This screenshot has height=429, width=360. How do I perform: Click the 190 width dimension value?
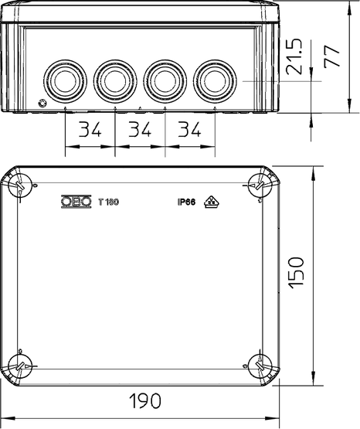click(145, 400)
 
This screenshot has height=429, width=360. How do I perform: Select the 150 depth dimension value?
click(296, 273)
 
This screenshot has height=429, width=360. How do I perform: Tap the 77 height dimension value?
click(332, 56)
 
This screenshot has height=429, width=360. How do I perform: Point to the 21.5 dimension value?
click(294, 56)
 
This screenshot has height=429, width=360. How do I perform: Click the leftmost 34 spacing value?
click(90, 129)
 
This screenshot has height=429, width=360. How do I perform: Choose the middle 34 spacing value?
click(140, 129)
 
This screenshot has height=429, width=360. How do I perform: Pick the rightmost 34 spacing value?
click(189, 129)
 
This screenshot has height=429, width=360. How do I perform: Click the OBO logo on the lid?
click(76, 202)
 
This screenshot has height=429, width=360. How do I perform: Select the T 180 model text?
click(108, 203)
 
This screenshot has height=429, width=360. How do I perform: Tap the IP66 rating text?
click(186, 203)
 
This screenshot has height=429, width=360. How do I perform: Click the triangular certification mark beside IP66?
click(212, 202)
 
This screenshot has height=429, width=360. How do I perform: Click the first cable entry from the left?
click(65, 81)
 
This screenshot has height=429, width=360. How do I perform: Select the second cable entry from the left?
click(115, 81)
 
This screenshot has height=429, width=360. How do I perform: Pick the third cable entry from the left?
click(165, 81)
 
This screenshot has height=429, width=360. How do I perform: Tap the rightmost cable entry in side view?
click(215, 81)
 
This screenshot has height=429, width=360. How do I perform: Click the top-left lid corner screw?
click(20, 186)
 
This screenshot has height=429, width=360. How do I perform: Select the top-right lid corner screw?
click(260, 186)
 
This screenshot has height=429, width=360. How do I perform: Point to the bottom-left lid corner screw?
click(20, 366)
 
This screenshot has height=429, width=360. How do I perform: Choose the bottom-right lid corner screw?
click(260, 366)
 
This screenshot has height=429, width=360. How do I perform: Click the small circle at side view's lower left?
click(42, 104)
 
